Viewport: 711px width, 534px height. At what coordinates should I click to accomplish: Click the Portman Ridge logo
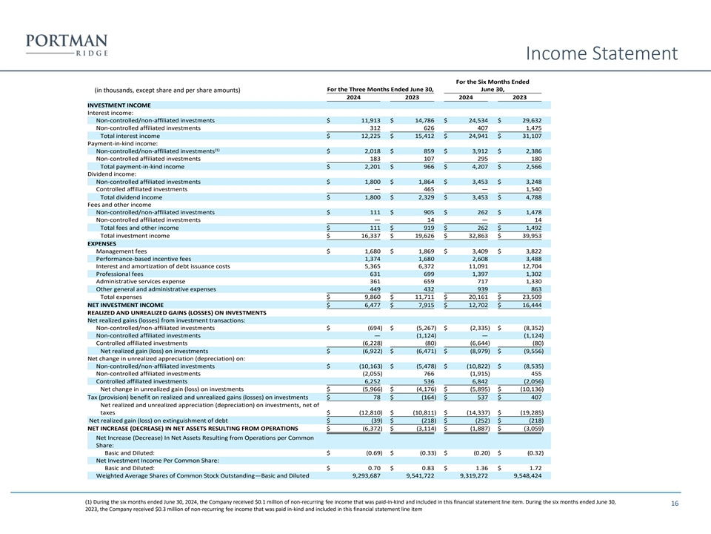click(66, 45)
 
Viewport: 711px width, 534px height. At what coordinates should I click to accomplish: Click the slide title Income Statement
click(602, 53)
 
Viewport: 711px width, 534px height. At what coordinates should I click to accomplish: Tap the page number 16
click(675, 504)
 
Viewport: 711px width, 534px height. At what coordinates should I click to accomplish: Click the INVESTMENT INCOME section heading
click(118, 105)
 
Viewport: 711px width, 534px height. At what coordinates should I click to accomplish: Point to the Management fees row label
click(121, 251)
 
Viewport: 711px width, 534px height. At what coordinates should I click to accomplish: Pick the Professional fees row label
click(120, 274)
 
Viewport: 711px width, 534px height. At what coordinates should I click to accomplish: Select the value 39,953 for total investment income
click(527, 236)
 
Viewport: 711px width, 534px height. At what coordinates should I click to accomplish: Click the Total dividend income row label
click(131, 197)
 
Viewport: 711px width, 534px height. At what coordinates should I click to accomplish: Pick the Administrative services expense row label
click(141, 281)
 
